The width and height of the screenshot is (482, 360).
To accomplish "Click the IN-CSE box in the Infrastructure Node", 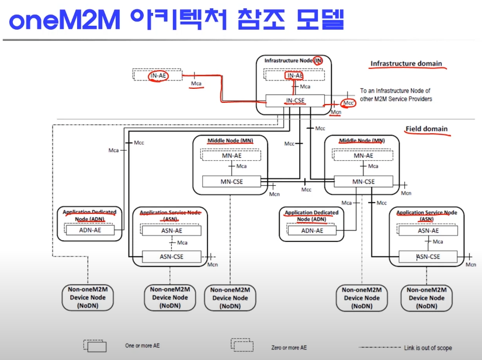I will pos(294,101).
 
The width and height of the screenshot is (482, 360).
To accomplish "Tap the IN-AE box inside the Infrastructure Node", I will pos(294,75).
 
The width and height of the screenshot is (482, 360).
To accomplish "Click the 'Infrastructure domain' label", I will pos(406,64).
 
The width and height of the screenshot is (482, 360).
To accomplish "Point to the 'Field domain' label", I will pos(426,129).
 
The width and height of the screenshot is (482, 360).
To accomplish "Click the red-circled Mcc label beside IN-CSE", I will pos(349,103).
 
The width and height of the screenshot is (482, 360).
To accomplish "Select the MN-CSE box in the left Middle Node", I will pos(231,181).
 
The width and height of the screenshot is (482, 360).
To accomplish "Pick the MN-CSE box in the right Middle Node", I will pos(363,182).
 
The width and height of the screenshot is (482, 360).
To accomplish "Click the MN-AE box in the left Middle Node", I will pos(231,155).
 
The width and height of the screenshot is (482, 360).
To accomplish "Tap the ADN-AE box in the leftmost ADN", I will pos(89,230).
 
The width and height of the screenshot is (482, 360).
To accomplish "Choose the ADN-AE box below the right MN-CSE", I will pos(311,230).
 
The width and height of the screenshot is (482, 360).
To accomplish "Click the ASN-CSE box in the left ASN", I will pos(172,256).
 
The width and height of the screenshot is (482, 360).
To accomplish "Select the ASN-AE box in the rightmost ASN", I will pos(428,230).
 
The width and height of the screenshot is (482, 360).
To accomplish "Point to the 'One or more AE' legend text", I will pos(142,346).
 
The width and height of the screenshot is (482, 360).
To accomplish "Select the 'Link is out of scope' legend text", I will pos(428,348).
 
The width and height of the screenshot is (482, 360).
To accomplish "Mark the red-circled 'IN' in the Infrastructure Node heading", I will pos(318,60).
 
